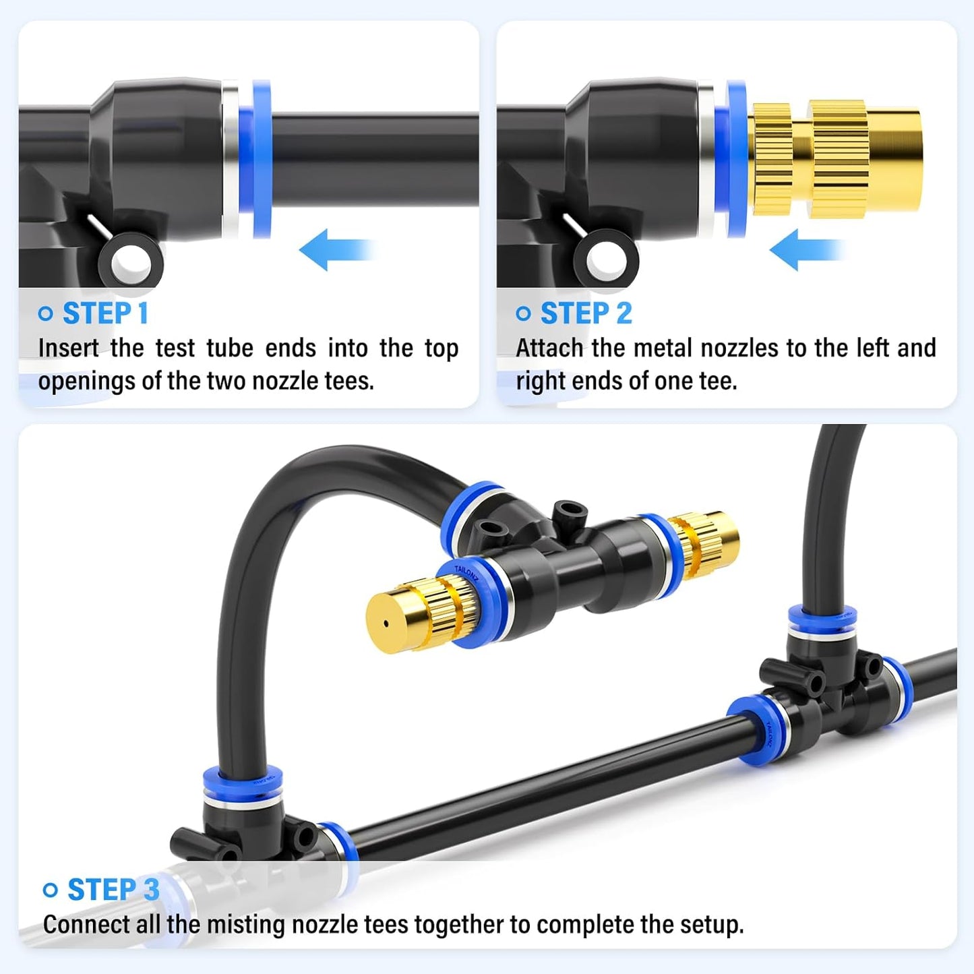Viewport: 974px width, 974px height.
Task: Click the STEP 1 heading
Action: tap(104, 314)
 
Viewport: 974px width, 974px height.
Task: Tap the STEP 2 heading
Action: tap(586, 314)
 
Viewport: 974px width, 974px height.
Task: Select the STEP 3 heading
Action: tap(113, 890)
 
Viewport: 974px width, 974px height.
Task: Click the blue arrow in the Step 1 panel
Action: tap(335, 250)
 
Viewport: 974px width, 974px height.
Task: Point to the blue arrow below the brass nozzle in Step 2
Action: tap(805, 250)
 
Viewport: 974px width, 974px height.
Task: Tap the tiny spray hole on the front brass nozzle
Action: tap(386, 623)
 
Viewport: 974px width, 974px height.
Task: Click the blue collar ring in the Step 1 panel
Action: tap(262, 159)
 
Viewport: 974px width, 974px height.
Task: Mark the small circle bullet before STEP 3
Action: tap(51, 890)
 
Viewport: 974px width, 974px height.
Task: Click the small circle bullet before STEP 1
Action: tap(46, 314)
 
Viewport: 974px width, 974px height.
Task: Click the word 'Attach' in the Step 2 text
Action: tap(549, 348)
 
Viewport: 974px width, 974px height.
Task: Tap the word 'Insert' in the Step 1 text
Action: tap(68, 348)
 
